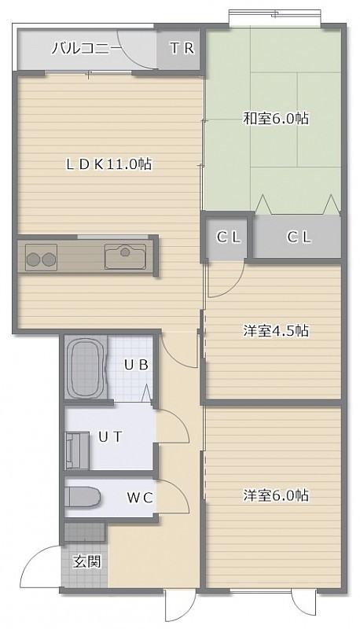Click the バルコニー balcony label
click(86, 49)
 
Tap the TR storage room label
click(182, 49)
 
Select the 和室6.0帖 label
click(276, 119)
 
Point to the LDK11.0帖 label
click(109, 164)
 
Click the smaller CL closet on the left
click(229, 237)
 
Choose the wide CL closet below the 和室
click(299, 237)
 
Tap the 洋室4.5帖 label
click(276, 331)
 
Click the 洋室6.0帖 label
click(276, 495)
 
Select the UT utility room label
click(110, 436)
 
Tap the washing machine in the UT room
click(78, 451)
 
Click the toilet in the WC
click(83, 497)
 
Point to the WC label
click(140, 498)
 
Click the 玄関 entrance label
click(86, 561)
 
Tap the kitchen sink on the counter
click(125, 256)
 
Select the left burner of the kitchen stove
click(33, 259)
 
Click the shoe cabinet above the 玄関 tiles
click(85, 532)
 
